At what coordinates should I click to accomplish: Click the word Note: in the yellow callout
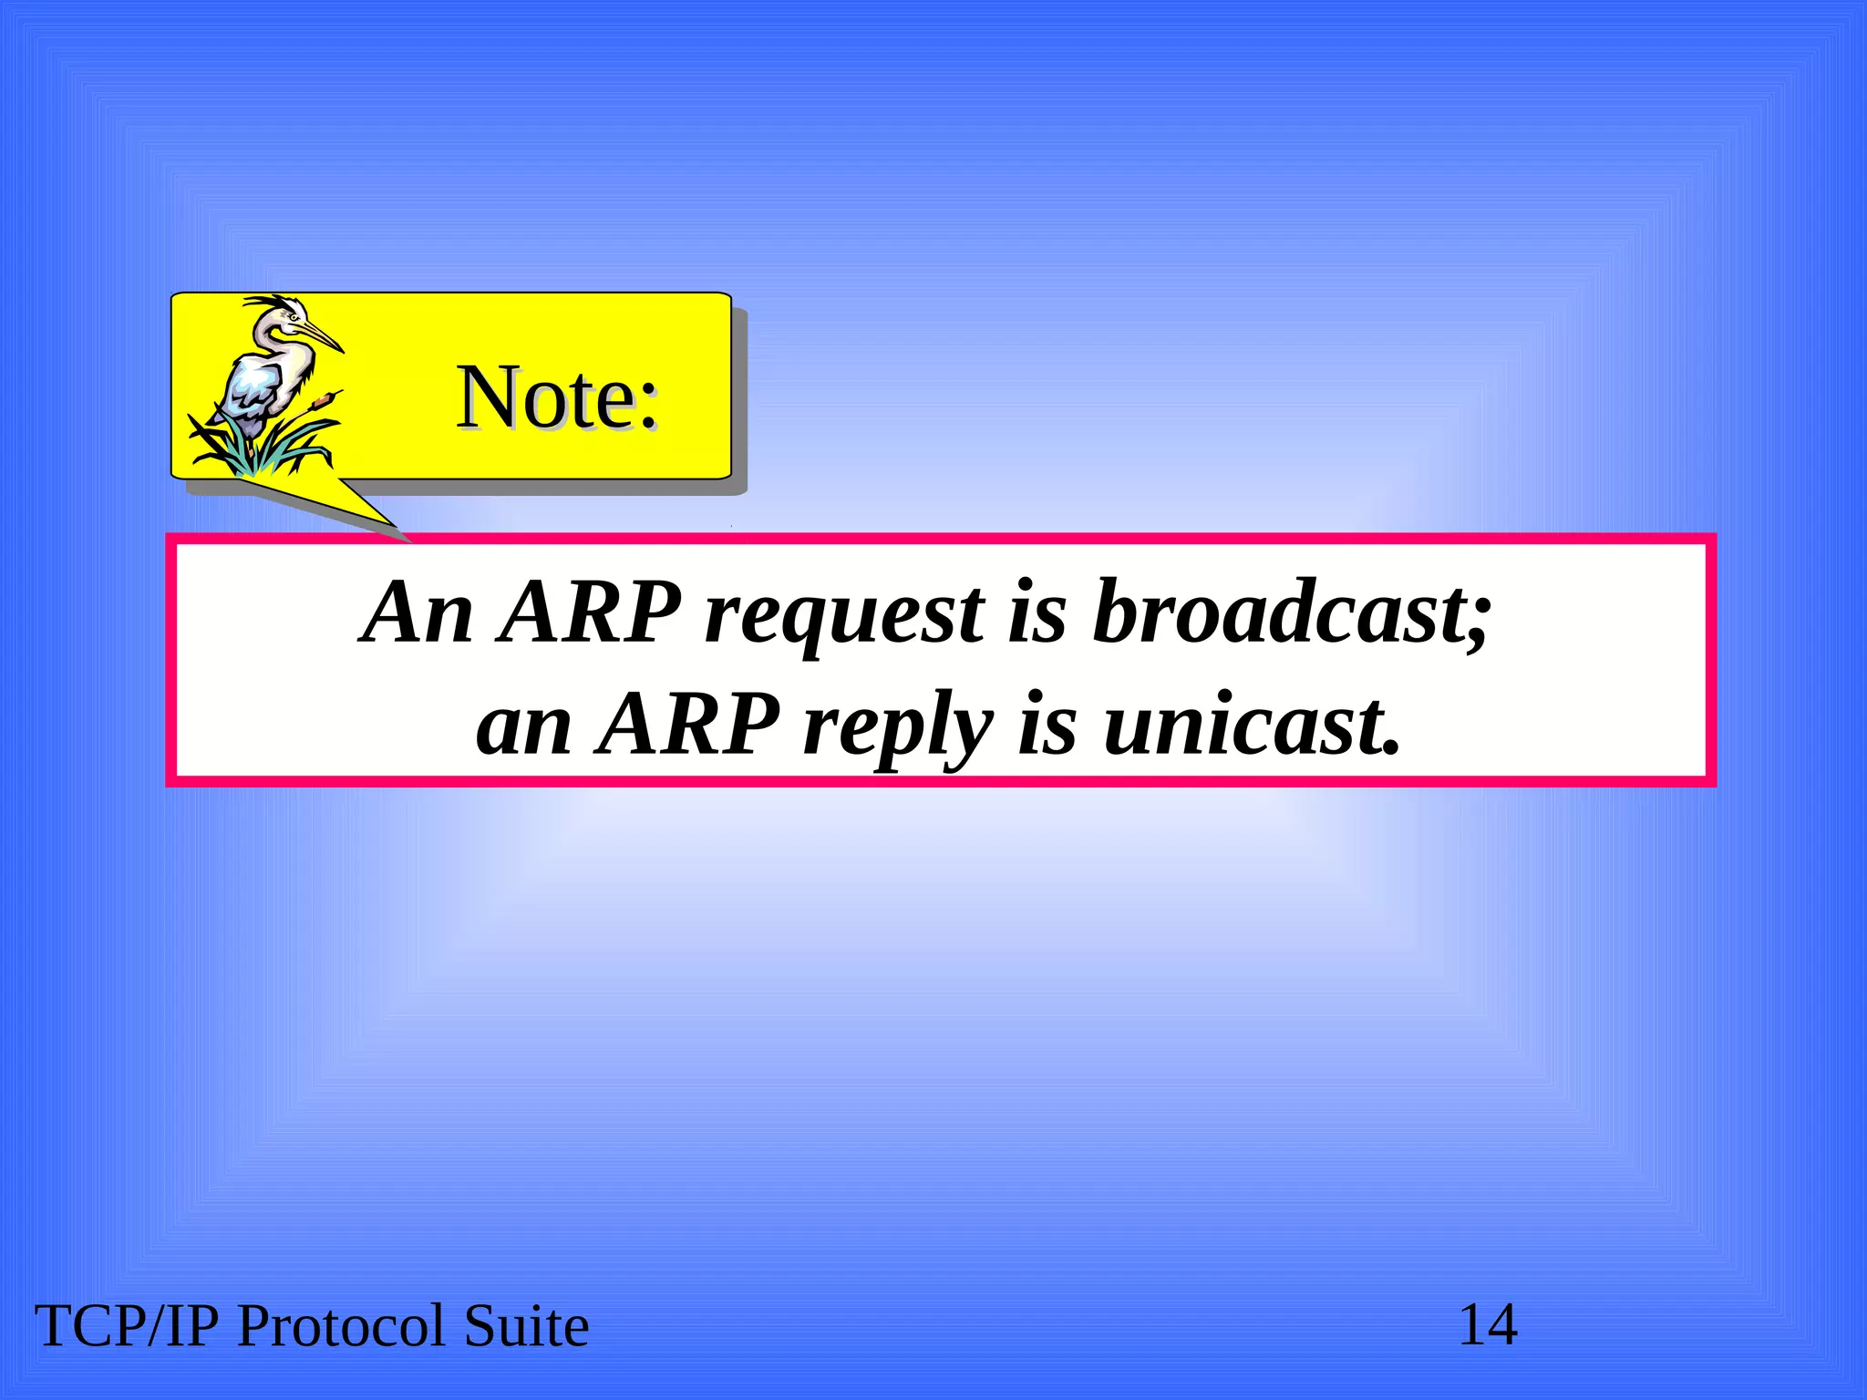(557, 397)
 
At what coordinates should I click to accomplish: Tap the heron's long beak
(322, 335)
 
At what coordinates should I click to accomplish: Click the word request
(844, 615)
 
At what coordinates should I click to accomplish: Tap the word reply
(898, 727)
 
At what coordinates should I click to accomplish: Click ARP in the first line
(591, 612)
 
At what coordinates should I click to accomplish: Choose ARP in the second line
(689, 725)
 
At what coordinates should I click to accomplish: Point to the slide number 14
(1488, 1325)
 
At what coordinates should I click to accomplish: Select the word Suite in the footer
(526, 1326)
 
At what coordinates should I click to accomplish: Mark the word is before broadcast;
(1037, 612)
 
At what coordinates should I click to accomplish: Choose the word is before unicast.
(1047, 725)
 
